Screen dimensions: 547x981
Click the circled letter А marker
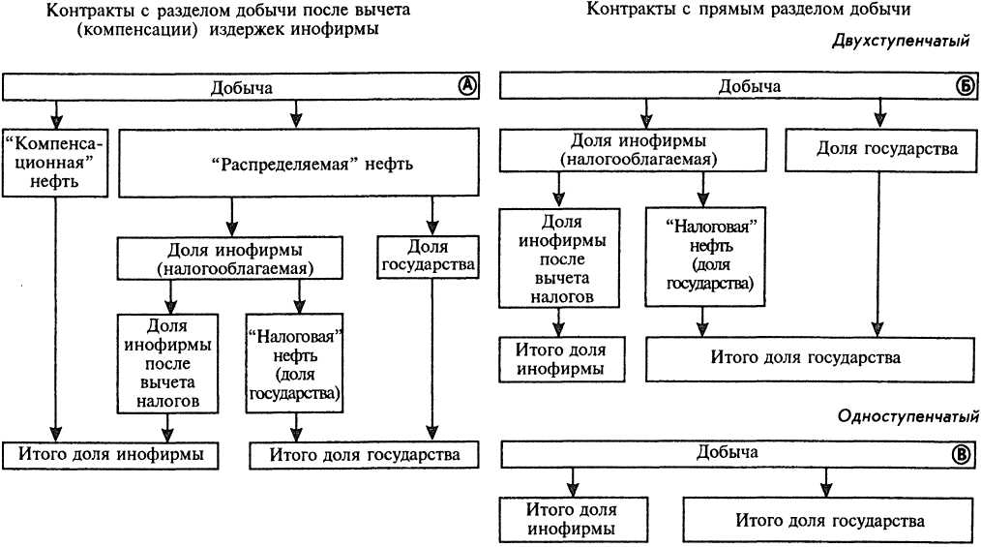click(467, 85)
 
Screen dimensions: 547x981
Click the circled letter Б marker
click(965, 86)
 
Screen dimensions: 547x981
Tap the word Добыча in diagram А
click(241, 87)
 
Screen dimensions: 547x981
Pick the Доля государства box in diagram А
click(426, 254)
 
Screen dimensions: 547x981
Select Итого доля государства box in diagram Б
click(805, 357)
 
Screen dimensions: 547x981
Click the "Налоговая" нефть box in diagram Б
click(702, 255)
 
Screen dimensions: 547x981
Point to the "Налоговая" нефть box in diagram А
click(296, 362)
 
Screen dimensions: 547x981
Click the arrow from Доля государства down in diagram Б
click(878, 252)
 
